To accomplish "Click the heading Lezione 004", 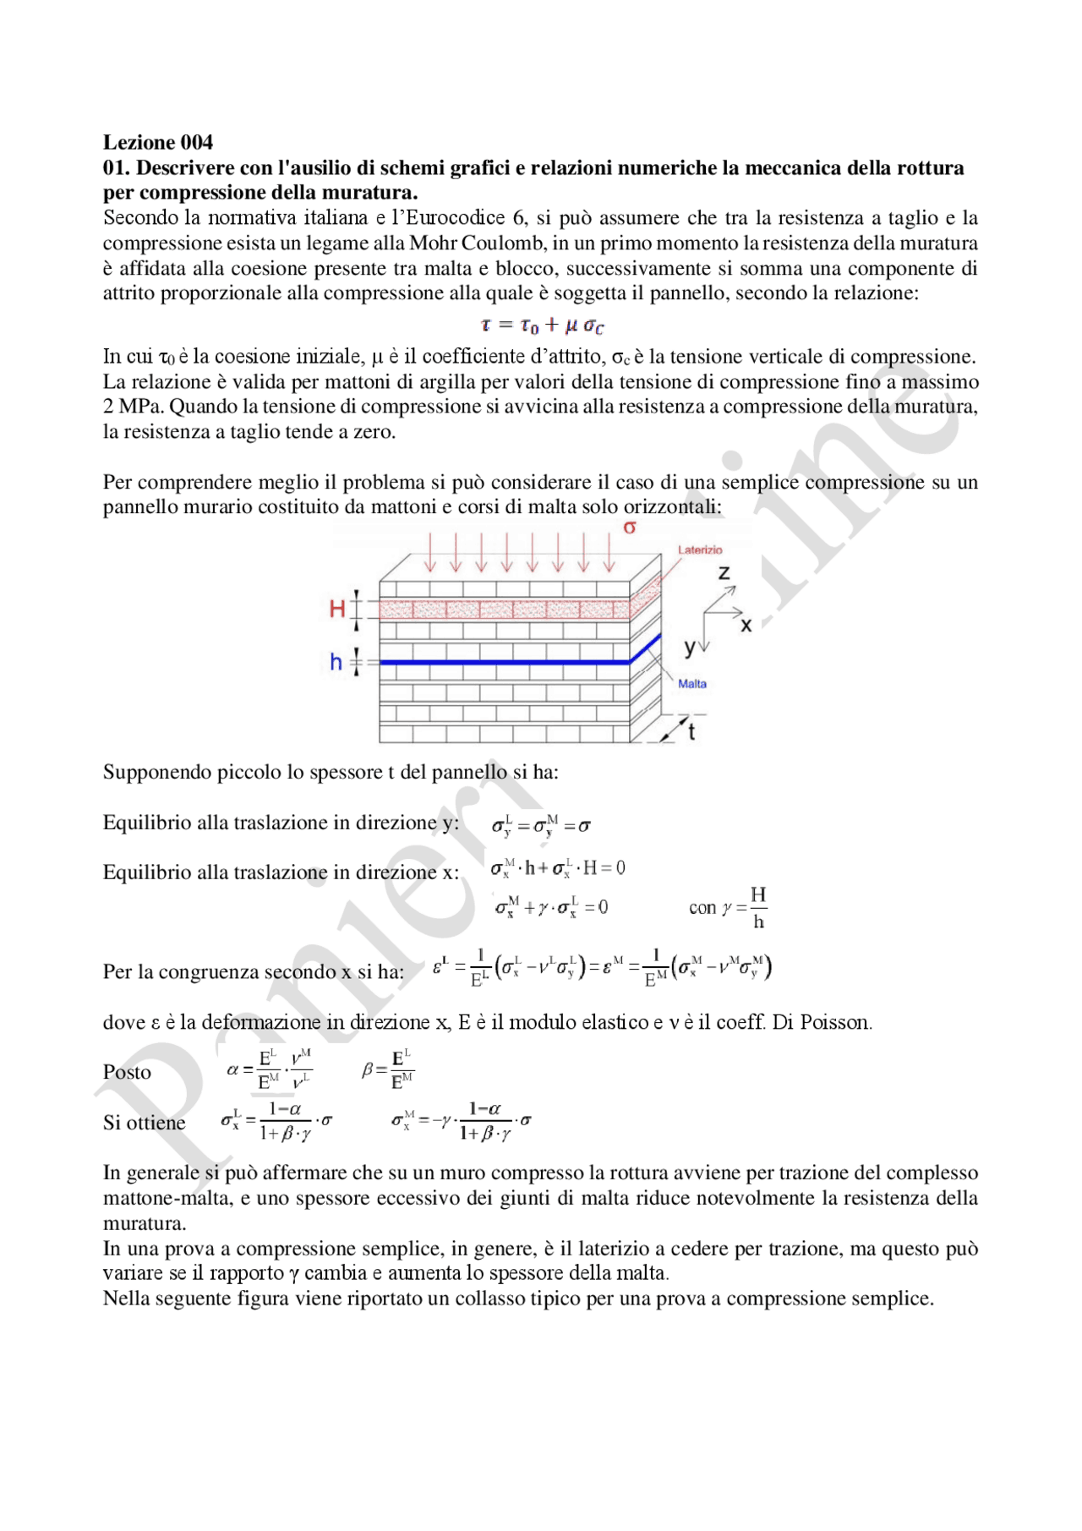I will pos(157,142).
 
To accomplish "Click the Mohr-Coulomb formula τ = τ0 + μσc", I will pos(541,325).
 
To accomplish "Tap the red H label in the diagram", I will pos(337,608).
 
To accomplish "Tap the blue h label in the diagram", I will pos(336,662).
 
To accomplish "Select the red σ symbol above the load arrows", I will pos(629,528).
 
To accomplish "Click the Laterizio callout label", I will pos(700,550).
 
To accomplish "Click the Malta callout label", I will pos(692,684).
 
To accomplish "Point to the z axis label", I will pos(724,573).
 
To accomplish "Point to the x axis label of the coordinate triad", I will pos(746,626).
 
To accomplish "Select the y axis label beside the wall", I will pos(689,648).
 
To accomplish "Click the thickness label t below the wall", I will pos(691,732).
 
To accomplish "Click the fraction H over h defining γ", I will pos(758,908).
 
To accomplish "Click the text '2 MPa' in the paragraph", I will pos(133,407).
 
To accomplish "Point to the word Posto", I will pos(127,1072).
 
